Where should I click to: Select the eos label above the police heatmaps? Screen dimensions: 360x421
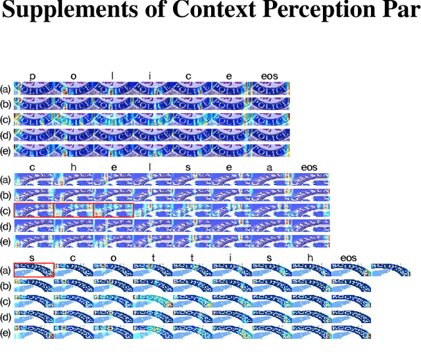point(270,76)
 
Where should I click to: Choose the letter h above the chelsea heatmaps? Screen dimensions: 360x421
point(73,167)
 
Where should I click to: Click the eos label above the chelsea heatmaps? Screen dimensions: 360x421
point(309,167)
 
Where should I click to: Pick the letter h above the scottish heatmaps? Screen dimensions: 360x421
point(310,257)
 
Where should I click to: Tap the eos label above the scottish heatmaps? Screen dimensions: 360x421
point(349,257)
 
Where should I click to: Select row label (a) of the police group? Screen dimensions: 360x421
point(6,89)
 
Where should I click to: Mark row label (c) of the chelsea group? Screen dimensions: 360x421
point(6,211)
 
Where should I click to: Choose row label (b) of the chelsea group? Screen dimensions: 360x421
point(6,195)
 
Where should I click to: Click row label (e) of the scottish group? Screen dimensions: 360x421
point(6,333)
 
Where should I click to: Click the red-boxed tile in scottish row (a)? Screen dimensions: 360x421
point(34,270)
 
